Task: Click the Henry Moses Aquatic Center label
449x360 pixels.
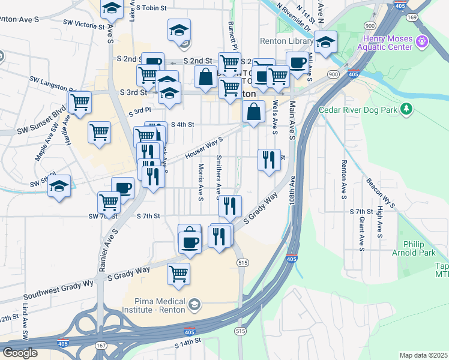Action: (x=386, y=43)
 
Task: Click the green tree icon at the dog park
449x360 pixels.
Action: (x=406, y=109)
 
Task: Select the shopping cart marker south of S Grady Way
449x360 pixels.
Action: (x=178, y=274)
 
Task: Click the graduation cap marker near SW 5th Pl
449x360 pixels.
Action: (x=59, y=185)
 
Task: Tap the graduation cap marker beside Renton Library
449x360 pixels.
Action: (x=325, y=42)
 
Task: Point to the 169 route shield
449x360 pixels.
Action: (x=412, y=17)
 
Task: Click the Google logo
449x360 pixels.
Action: (x=20, y=353)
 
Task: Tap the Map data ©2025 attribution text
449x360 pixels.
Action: (x=423, y=355)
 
